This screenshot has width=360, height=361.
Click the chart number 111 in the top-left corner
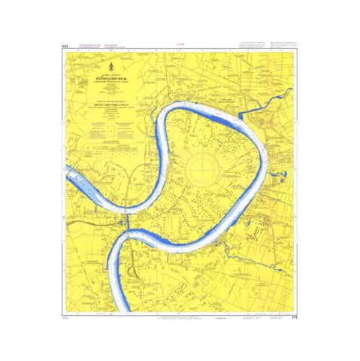(65, 47)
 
